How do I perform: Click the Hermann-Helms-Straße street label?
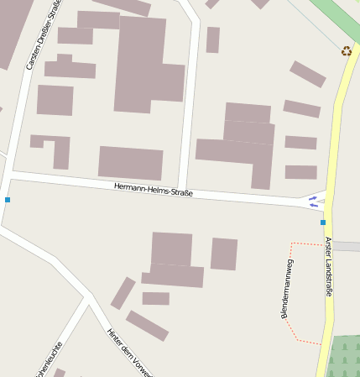pos(154,190)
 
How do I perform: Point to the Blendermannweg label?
pos(287,289)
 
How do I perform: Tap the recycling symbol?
pos(347,51)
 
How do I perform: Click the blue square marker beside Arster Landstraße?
pos(323,223)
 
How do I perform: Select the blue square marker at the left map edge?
pos(8,200)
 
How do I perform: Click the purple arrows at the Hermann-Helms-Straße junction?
pos(313,201)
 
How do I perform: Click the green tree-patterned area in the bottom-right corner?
pos(343,356)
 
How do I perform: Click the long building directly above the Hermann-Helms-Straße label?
pos(130,162)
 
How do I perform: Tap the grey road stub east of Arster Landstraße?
pos(347,247)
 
